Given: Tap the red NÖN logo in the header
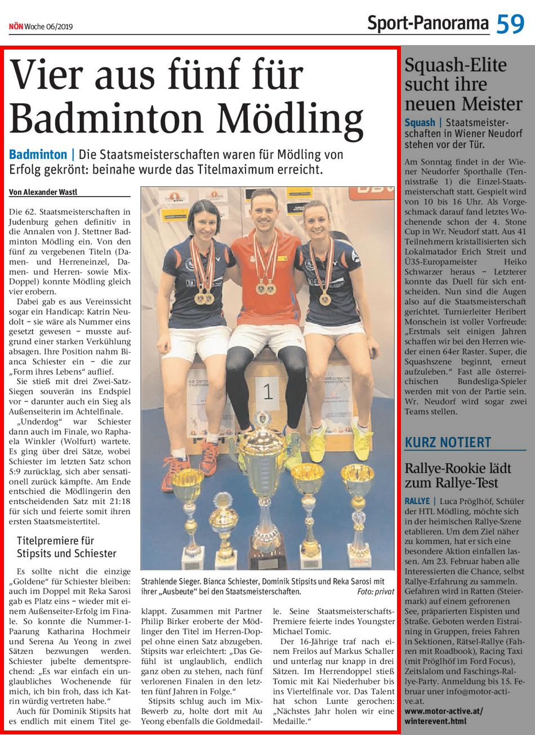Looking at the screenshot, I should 15,26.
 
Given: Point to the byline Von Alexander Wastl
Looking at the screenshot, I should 43,192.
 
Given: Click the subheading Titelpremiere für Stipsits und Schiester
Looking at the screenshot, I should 66,547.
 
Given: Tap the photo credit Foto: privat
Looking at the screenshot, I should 375,592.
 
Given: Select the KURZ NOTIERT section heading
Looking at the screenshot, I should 448,442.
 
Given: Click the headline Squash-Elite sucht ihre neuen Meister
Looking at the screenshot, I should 463,84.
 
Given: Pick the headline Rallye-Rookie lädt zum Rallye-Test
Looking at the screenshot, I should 458,475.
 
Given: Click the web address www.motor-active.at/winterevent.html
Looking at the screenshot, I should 444,716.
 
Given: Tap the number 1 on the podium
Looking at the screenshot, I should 268,391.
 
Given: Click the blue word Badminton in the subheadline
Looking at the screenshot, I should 38,154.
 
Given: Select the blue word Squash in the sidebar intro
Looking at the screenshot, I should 420,122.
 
